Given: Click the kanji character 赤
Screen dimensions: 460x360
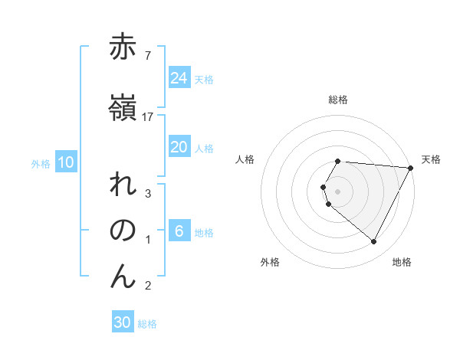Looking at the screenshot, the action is point(123,47).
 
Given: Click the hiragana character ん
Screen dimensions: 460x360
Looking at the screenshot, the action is point(123,277).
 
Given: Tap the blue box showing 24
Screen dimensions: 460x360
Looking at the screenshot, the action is point(179,77).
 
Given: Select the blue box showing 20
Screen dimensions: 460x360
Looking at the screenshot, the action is point(179,147).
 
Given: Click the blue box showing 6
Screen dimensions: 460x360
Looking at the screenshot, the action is point(179,231).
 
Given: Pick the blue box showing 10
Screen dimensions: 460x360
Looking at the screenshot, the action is point(66,162).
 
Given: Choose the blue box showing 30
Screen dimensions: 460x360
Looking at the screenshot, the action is point(123,322).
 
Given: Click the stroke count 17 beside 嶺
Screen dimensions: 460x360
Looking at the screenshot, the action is point(148,116).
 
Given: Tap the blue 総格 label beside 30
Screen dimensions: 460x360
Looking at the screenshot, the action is point(147,324).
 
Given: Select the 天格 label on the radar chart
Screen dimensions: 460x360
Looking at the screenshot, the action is point(431,159).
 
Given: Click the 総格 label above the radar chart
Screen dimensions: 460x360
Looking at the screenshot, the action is point(338,100).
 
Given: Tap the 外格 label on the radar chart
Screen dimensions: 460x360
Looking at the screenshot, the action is point(270,262).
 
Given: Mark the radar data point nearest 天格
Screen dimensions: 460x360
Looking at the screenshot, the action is point(410,168).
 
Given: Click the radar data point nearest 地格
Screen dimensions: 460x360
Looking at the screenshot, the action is point(374,242).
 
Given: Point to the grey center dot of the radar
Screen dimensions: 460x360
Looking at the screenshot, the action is point(338,191).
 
